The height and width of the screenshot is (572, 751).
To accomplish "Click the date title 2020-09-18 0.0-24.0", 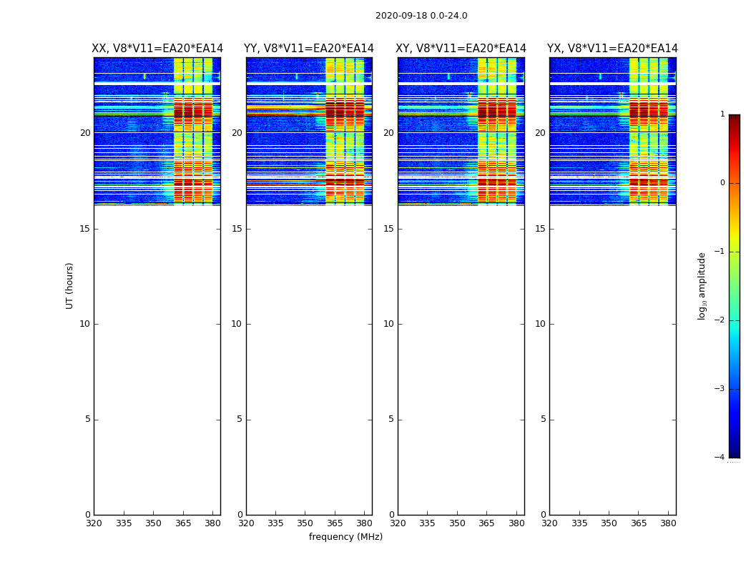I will tap(421, 16).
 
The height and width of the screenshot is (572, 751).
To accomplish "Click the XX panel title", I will tap(157, 49).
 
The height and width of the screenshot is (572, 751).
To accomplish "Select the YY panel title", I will tap(309, 49).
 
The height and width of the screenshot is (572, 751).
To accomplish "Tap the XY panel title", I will tap(461, 49).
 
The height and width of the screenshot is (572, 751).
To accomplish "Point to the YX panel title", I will tap(613, 49).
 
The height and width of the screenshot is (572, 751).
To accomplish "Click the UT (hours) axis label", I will tap(69, 285).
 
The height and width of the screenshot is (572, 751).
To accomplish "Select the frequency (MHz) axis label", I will tap(345, 537).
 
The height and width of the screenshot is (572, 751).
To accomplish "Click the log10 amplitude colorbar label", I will tap(702, 285).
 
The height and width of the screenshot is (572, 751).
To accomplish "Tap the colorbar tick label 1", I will tap(722, 114).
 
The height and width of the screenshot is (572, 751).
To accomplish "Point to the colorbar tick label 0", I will tap(722, 183).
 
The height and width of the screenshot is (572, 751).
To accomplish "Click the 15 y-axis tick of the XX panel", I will tap(85, 229).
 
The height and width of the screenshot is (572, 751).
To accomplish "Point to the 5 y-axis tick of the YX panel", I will tap(543, 420).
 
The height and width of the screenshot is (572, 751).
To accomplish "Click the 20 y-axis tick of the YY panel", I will tap(237, 133).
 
